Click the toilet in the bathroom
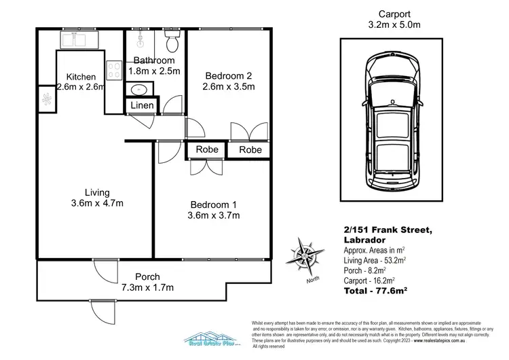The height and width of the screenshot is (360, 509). [x=172, y=42]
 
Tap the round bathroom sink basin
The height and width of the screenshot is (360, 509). [x=139, y=89]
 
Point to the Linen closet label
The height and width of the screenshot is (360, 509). [x=142, y=106]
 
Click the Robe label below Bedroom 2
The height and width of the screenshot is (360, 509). [x=250, y=149]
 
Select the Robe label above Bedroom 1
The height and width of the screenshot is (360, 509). [x=206, y=149]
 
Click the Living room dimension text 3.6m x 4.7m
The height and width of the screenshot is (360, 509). [x=96, y=202]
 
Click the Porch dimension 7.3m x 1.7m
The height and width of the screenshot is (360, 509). [x=147, y=287]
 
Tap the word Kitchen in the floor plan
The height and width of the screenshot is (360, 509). [x=80, y=77]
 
